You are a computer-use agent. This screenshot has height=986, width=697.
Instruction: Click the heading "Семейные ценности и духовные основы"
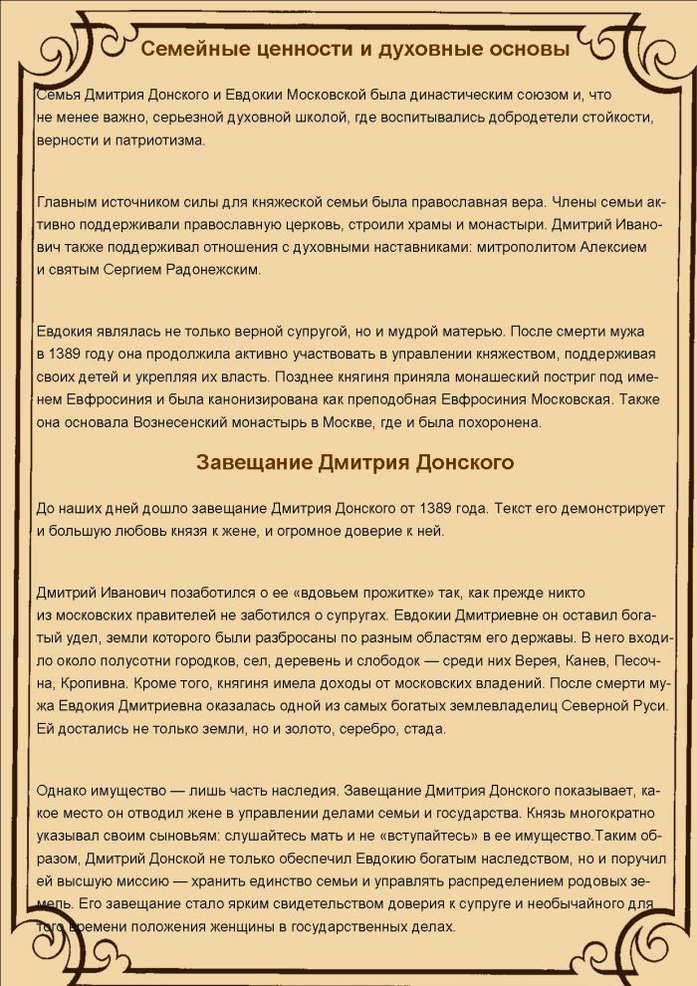pos(354,50)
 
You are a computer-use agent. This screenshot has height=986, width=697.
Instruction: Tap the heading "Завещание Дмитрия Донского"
pos(354,462)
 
